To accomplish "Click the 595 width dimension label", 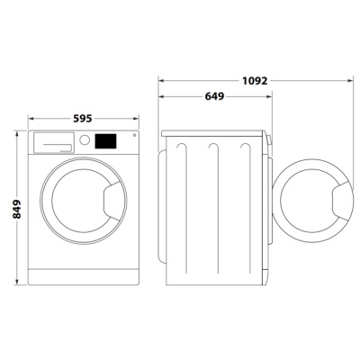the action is pyautogui.click(x=83, y=119).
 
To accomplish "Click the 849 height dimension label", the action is pyautogui.click(x=17, y=209).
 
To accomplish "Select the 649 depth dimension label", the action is pyautogui.click(x=214, y=96).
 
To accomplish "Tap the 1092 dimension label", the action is pyautogui.click(x=255, y=80).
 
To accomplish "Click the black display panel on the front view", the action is pyautogui.click(x=105, y=141).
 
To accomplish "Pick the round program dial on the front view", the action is pyautogui.click(x=85, y=139).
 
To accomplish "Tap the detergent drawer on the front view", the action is pyautogui.click(x=54, y=143).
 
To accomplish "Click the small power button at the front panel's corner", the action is pyautogui.click(x=134, y=135).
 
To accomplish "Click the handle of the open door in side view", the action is pyautogui.click(x=342, y=201).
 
